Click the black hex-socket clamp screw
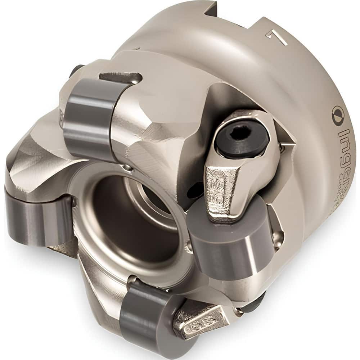tap(242, 137)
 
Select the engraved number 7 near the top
tap(276, 36)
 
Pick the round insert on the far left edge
tap(38, 216)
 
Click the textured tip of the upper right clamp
tap(220, 191)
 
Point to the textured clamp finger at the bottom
tap(200, 319)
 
